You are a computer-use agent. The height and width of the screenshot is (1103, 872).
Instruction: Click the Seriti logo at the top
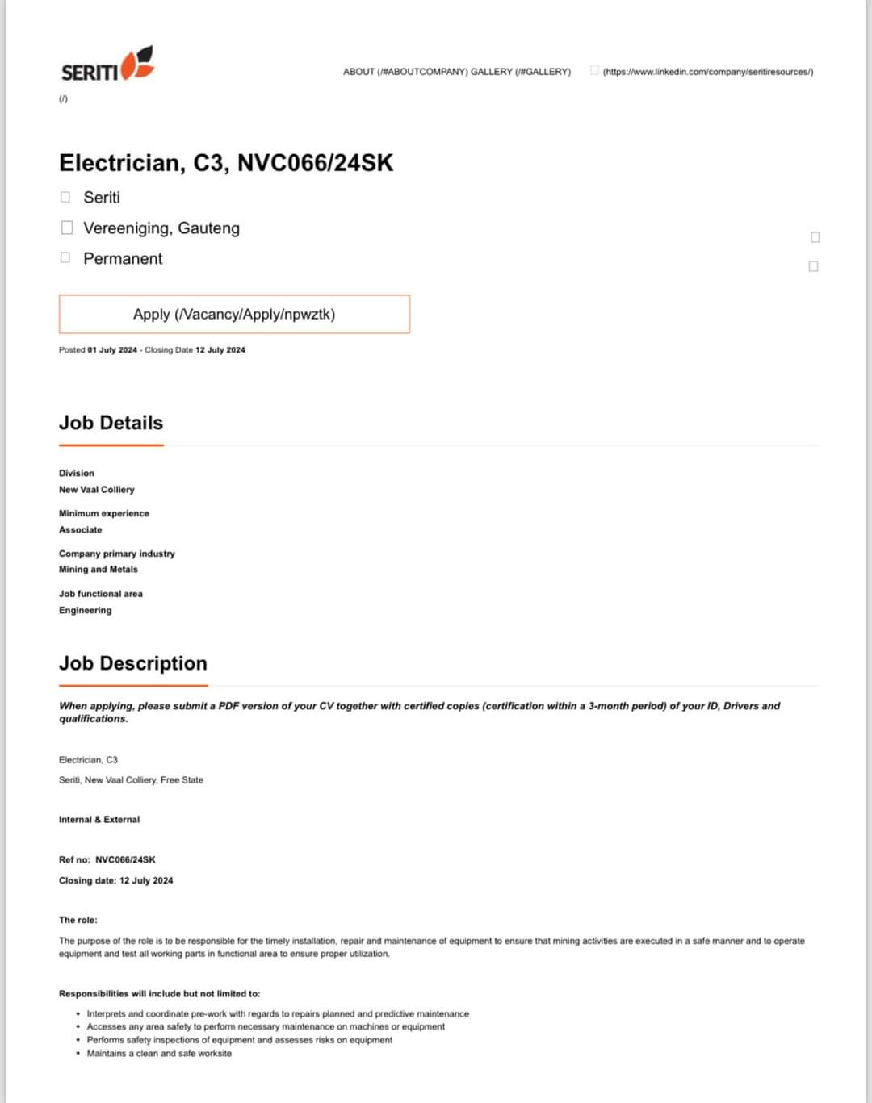pos(107,65)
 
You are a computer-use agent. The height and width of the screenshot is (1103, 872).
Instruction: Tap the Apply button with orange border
pos(234,314)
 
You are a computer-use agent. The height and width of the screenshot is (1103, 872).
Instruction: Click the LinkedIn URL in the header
pos(707,72)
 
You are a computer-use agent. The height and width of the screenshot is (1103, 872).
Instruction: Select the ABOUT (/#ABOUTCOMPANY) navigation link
pos(405,72)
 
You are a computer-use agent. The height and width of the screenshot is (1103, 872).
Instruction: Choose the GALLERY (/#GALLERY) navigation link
pos(521,72)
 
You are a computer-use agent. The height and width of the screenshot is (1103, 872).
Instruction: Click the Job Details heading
pos(111,423)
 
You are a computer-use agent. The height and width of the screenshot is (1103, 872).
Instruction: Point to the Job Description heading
pos(133,663)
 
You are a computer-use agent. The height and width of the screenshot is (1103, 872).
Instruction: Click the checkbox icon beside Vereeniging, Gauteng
pos(67,228)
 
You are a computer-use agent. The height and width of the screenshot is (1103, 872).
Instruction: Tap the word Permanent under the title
pos(123,258)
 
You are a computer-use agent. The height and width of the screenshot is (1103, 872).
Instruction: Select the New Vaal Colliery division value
pos(97,490)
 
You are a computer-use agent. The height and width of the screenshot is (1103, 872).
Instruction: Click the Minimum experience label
pos(104,513)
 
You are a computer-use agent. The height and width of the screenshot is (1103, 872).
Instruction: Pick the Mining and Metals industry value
pos(99,570)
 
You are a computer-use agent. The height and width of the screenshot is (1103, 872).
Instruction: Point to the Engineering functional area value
pos(86,610)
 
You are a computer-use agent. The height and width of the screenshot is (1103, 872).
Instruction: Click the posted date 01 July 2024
pos(112,350)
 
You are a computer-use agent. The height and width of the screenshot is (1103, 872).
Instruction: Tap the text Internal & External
pos(99,820)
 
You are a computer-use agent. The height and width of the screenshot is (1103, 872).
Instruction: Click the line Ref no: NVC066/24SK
pos(107,860)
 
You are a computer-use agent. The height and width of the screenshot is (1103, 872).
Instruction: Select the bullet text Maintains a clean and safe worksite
pos(159,1054)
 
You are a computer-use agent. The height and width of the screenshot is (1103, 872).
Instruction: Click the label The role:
pos(78,920)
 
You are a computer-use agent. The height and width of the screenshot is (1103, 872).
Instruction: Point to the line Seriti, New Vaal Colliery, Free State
pos(131,780)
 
